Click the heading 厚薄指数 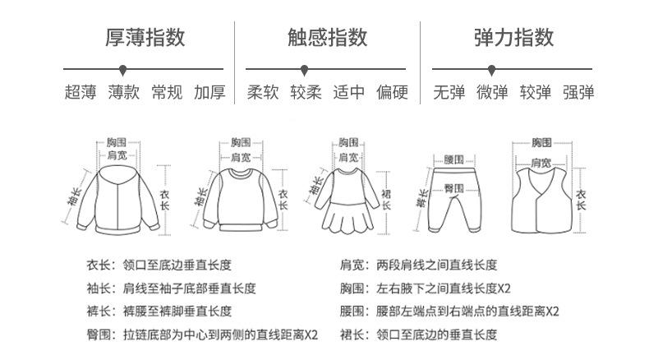click(145, 37)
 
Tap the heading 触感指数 click(327, 37)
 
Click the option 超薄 click(81, 92)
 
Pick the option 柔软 click(264, 92)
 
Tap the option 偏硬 click(392, 92)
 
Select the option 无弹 click(449, 92)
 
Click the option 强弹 click(578, 92)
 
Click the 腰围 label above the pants click(454, 158)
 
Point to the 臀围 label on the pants click(454, 188)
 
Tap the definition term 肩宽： click(357, 265)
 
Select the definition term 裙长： click(357, 335)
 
